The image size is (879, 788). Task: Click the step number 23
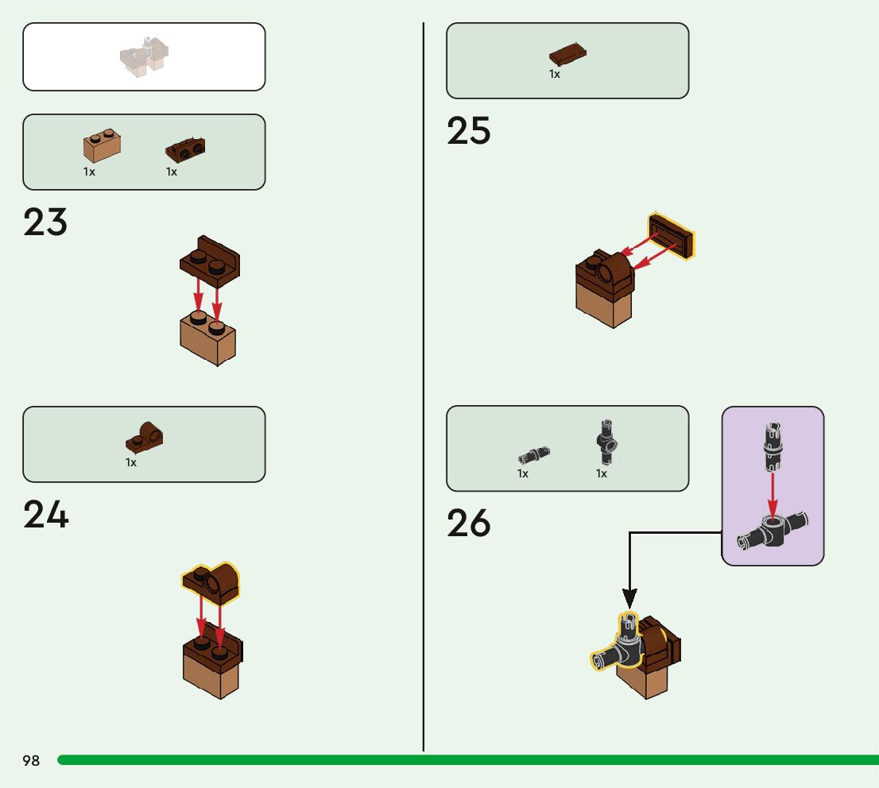click(x=45, y=222)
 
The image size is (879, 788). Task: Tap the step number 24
click(x=46, y=515)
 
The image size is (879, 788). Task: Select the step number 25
click(x=469, y=131)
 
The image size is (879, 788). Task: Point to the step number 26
click(x=469, y=523)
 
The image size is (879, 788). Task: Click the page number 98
click(x=31, y=761)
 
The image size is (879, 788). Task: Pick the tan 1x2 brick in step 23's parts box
click(x=102, y=146)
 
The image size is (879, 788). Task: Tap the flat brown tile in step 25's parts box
click(x=568, y=55)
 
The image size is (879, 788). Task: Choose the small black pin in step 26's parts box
click(x=534, y=455)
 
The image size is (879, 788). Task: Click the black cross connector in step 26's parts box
click(x=608, y=443)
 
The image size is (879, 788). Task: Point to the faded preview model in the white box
click(x=145, y=57)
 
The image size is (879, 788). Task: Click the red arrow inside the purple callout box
click(x=772, y=492)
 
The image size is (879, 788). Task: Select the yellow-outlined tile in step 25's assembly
click(x=672, y=235)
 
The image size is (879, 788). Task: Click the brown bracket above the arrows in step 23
click(x=211, y=260)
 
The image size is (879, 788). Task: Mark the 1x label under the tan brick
click(x=89, y=172)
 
